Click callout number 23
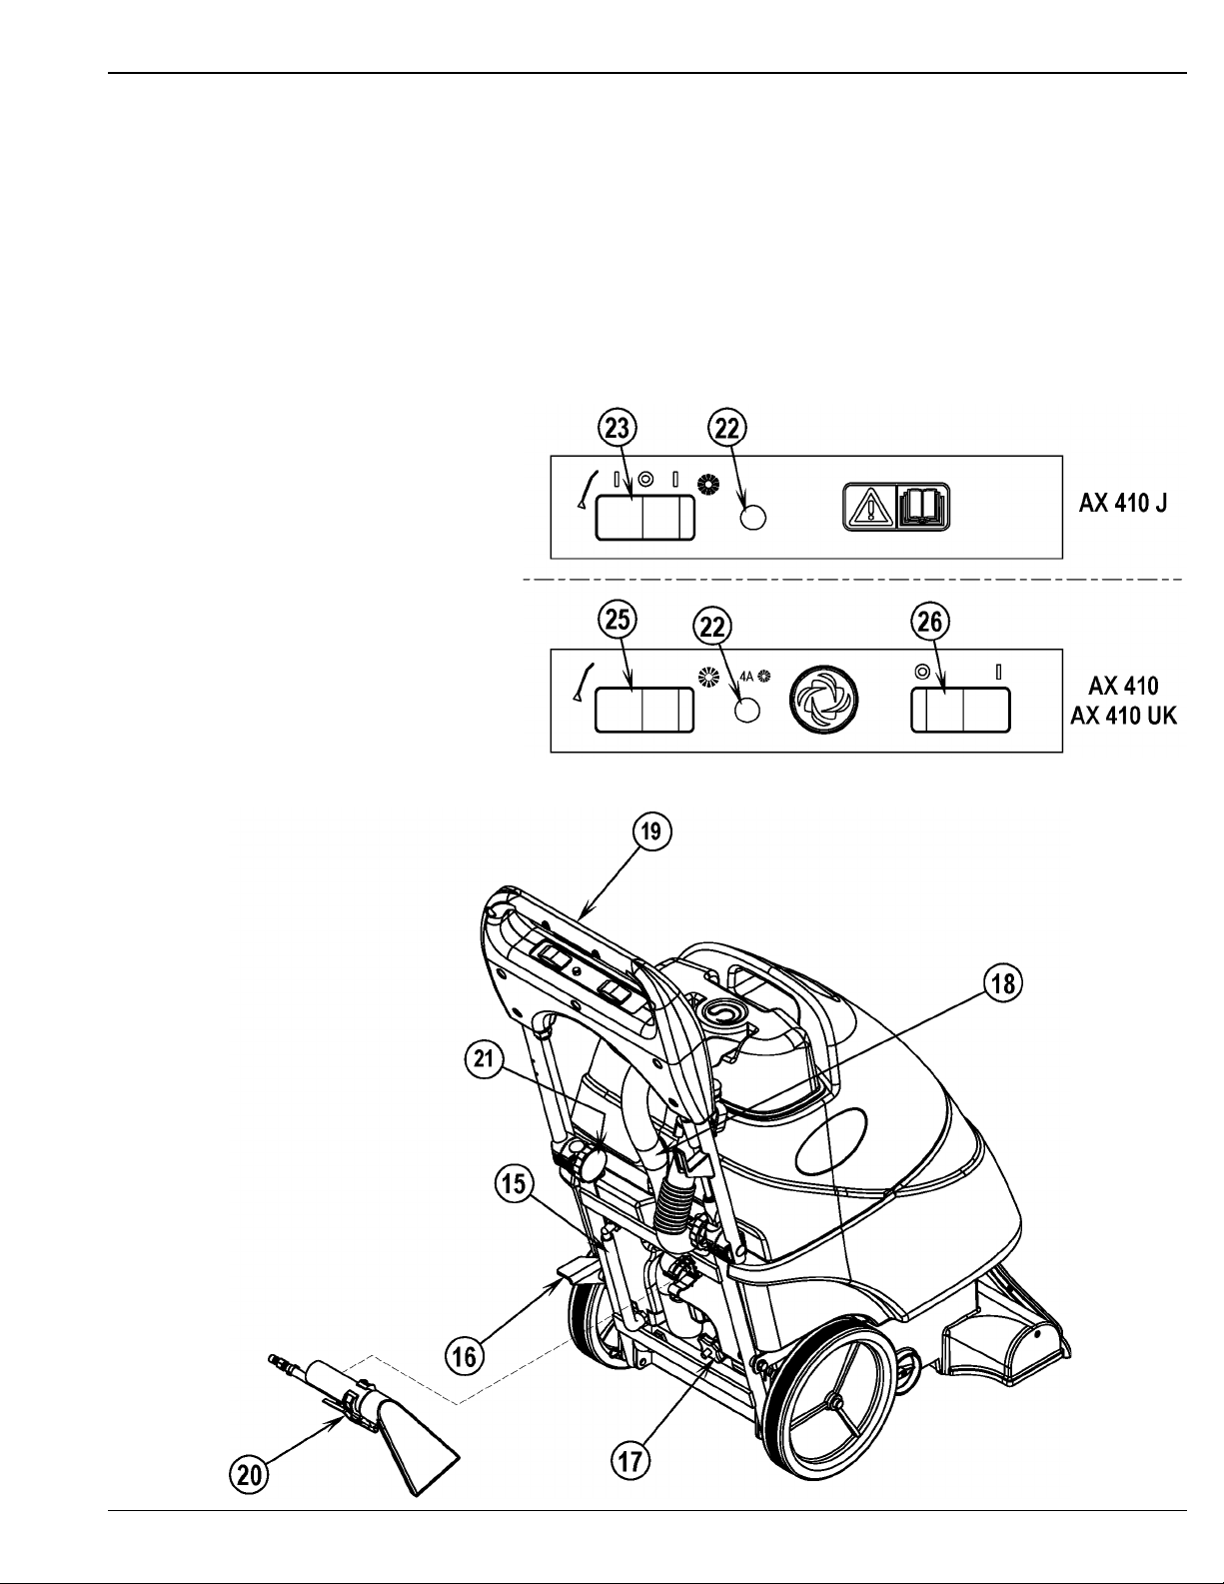coord(615,429)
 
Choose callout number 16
coord(465,1356)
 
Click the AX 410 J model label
coord(1122,505)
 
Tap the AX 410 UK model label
coord(1122,718)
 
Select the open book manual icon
coord(925,507)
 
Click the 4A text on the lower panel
coord(746,676)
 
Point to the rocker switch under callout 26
coord(960,711)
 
